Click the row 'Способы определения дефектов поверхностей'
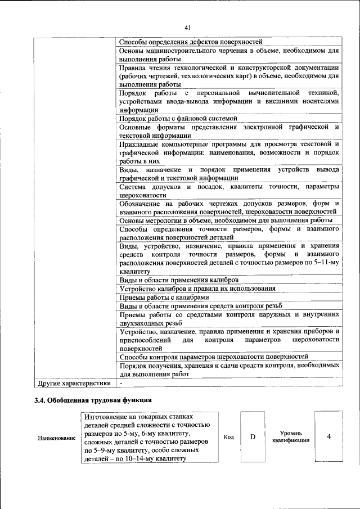191,42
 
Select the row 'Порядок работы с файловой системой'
178,119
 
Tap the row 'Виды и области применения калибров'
179,280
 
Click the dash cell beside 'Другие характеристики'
121,383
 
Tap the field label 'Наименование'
57,438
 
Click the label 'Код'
228,437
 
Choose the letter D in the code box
253,437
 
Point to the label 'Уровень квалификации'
290,437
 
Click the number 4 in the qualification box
328,437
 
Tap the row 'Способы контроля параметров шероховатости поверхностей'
214,357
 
